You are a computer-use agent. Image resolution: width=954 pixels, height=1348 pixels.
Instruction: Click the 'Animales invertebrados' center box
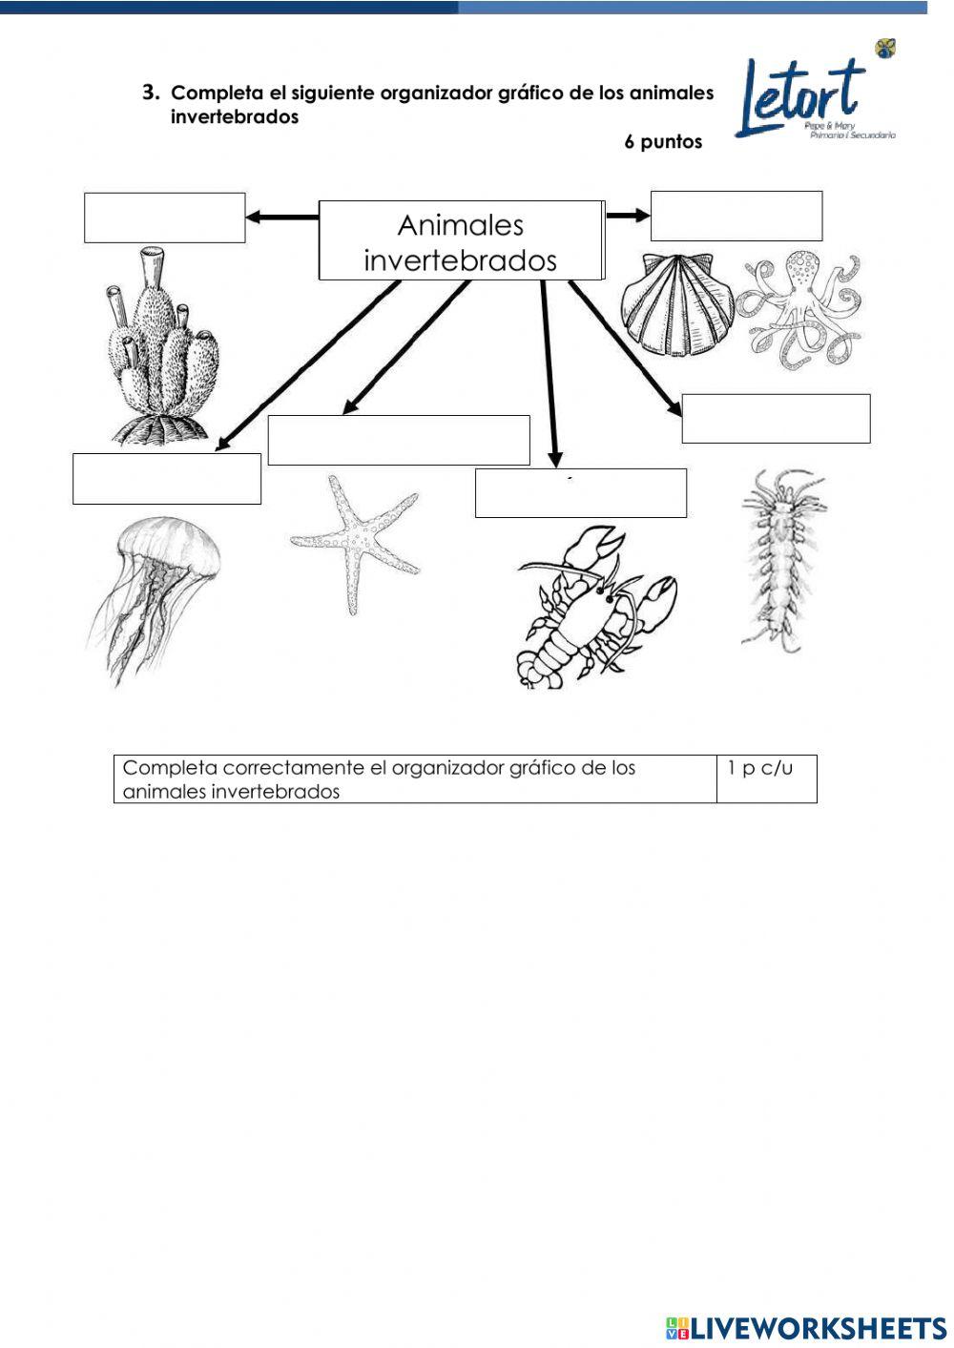point(460,241)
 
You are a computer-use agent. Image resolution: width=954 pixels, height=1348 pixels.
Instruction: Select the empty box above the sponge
point(164,218)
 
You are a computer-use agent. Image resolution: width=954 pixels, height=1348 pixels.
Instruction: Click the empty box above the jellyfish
point(166,478)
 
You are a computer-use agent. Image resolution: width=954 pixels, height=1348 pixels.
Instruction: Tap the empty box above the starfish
point(398,440)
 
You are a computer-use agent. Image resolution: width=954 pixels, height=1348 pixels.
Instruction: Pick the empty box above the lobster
point(580,493)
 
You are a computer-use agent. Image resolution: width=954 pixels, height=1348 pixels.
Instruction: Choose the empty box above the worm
point(775,419)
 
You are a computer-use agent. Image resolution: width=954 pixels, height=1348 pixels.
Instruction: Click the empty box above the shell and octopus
point(736,216)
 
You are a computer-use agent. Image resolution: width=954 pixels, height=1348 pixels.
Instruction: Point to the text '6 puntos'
point(663,142)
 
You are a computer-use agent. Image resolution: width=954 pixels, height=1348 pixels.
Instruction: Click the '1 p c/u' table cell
point(765,778)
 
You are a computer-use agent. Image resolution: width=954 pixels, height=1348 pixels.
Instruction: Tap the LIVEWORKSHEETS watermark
point(805,1327)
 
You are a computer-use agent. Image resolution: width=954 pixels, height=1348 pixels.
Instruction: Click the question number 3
point(150,93)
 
